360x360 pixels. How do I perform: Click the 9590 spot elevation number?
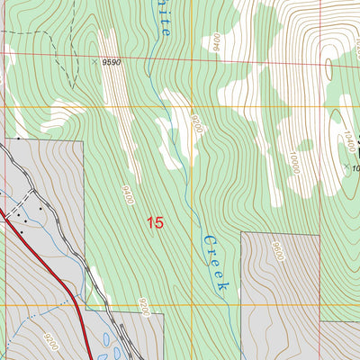point(111,62)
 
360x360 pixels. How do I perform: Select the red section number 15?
point(154,221)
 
